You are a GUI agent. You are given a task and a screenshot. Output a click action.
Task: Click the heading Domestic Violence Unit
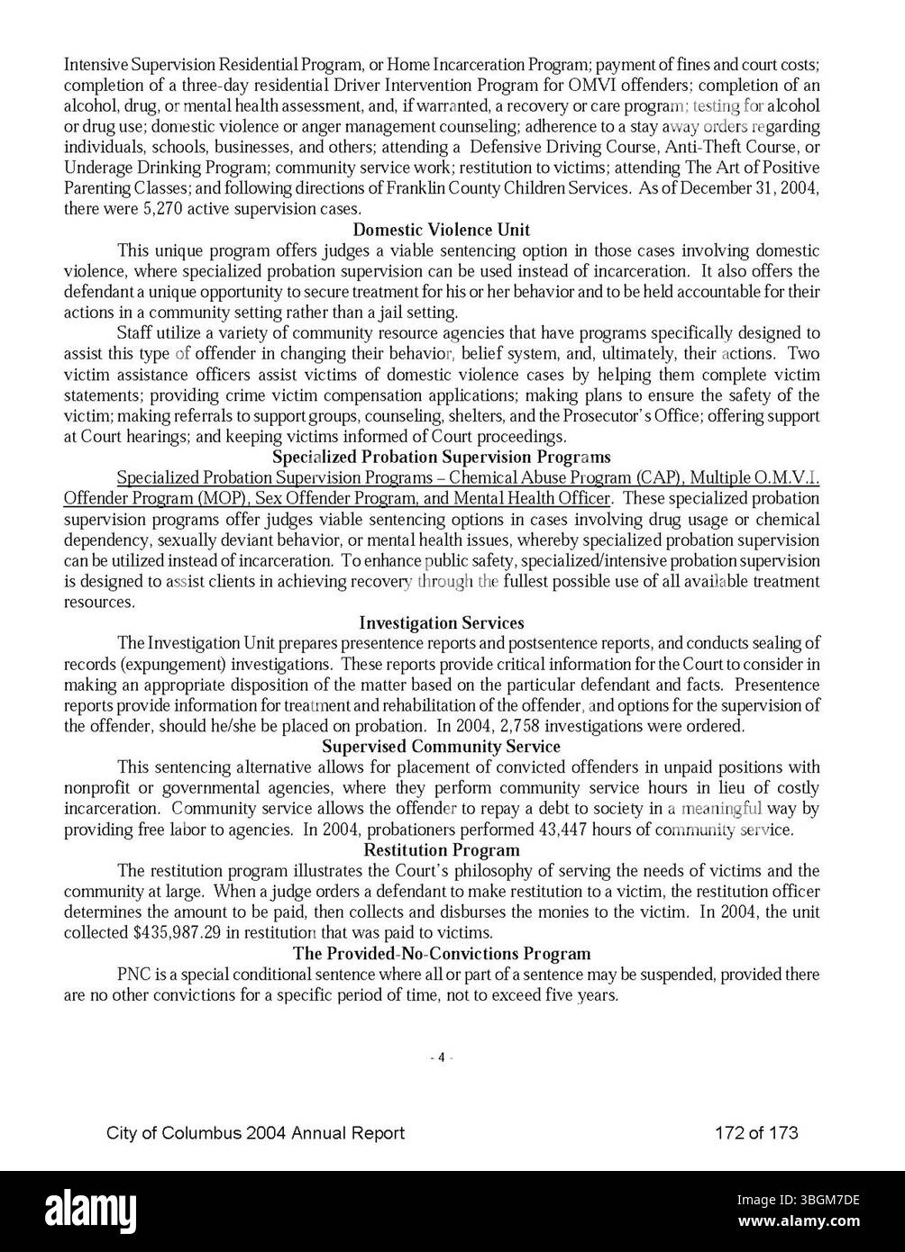441,230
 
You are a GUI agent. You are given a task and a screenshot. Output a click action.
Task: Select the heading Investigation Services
441,622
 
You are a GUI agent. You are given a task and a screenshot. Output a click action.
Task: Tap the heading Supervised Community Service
441,747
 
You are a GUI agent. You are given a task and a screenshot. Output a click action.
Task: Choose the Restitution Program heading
441,850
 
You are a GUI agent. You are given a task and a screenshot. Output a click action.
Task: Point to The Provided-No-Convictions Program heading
442,954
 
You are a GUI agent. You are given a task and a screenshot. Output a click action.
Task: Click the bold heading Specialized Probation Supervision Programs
441,457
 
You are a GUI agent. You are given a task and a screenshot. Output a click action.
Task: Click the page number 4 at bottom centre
441,1058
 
